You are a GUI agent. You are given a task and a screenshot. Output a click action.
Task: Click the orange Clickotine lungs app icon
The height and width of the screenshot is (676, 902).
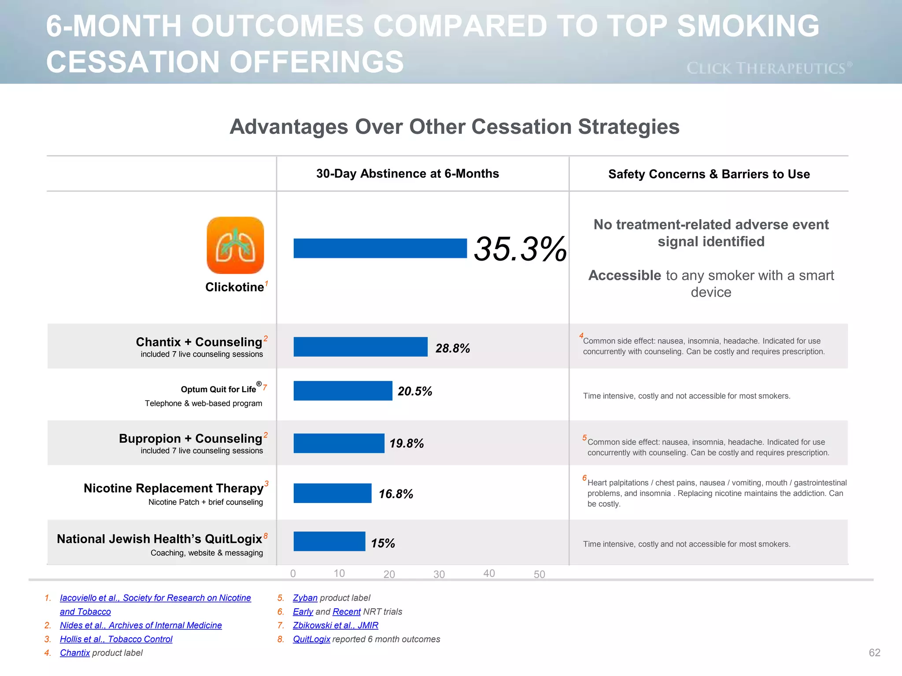click(235, 245)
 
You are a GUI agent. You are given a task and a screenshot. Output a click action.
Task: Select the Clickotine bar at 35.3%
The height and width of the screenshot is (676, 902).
click(380, 248)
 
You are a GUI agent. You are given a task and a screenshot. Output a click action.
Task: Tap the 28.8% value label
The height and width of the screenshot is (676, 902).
click(452, 348)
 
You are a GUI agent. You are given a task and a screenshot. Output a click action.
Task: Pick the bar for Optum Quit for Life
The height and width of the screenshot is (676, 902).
click(343, 391)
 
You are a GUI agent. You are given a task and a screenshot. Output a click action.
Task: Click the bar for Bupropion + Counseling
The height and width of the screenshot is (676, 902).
click(339, 443)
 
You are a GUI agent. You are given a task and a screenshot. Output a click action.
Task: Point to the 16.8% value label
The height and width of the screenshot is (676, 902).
click(396, 494)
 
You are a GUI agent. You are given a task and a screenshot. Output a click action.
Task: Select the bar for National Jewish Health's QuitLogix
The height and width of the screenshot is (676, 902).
click(329, 541)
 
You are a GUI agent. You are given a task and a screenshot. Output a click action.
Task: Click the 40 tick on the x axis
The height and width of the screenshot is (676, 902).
click(489, 573)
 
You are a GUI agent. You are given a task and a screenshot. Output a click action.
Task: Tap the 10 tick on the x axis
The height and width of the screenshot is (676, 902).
click(339, 573)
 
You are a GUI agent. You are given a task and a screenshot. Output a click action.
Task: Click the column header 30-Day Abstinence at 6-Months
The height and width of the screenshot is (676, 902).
click(407, 173)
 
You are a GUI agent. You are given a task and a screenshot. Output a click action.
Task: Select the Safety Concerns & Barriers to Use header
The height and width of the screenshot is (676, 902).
click(709, 174)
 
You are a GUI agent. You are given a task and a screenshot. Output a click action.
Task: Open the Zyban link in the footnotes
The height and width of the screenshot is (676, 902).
click(305, 598)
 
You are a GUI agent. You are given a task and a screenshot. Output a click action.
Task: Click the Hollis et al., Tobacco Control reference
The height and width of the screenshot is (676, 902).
click(116, 639)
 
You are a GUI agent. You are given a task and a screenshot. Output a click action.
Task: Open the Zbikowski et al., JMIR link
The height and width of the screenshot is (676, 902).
click(335, 625)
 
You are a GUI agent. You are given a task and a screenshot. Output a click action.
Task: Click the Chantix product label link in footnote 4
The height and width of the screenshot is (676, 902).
click(75, 653)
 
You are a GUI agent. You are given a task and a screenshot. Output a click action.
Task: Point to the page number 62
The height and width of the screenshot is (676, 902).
click(874, 653)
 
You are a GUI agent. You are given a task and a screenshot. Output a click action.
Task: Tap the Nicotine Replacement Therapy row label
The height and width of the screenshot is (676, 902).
click(174, 488)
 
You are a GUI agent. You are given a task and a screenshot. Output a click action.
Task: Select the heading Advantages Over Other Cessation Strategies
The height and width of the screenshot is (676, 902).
click(454, 127)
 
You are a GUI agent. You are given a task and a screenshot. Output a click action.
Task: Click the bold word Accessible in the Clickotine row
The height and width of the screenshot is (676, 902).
click(625, 275)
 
